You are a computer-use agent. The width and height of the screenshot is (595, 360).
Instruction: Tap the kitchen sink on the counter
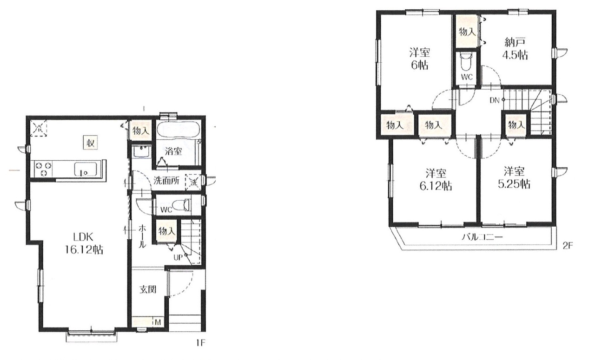point(85,169)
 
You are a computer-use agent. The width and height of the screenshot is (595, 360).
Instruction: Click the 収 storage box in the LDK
point(90,143)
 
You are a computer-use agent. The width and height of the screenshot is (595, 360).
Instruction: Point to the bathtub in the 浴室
point(178,130)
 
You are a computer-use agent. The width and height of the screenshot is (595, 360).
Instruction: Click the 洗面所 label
point(166,181)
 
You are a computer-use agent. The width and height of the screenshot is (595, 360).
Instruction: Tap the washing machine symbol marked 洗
point(194,182)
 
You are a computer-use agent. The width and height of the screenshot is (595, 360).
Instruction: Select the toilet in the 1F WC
point(182,205)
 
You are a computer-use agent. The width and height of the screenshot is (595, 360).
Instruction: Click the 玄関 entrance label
point(148,289)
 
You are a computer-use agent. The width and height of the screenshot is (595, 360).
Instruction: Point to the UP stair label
point(178,257)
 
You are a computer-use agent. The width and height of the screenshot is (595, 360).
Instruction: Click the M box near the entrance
point(158,322)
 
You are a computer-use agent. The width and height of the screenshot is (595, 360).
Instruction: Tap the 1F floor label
point(201,343)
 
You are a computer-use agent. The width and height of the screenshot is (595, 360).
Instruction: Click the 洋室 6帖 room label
point(420,59)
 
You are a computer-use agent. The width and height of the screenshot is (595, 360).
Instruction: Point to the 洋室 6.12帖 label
point(436,180)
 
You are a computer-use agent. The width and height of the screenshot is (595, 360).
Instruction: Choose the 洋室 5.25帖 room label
point(514,177)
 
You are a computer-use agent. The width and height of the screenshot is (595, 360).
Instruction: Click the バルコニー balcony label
point(482,237)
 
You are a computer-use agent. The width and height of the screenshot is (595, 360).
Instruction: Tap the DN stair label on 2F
point(494,100)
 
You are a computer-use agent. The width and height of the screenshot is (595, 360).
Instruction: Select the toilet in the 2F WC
point(467,61)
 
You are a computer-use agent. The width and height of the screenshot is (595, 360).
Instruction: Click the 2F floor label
point(567,246)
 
